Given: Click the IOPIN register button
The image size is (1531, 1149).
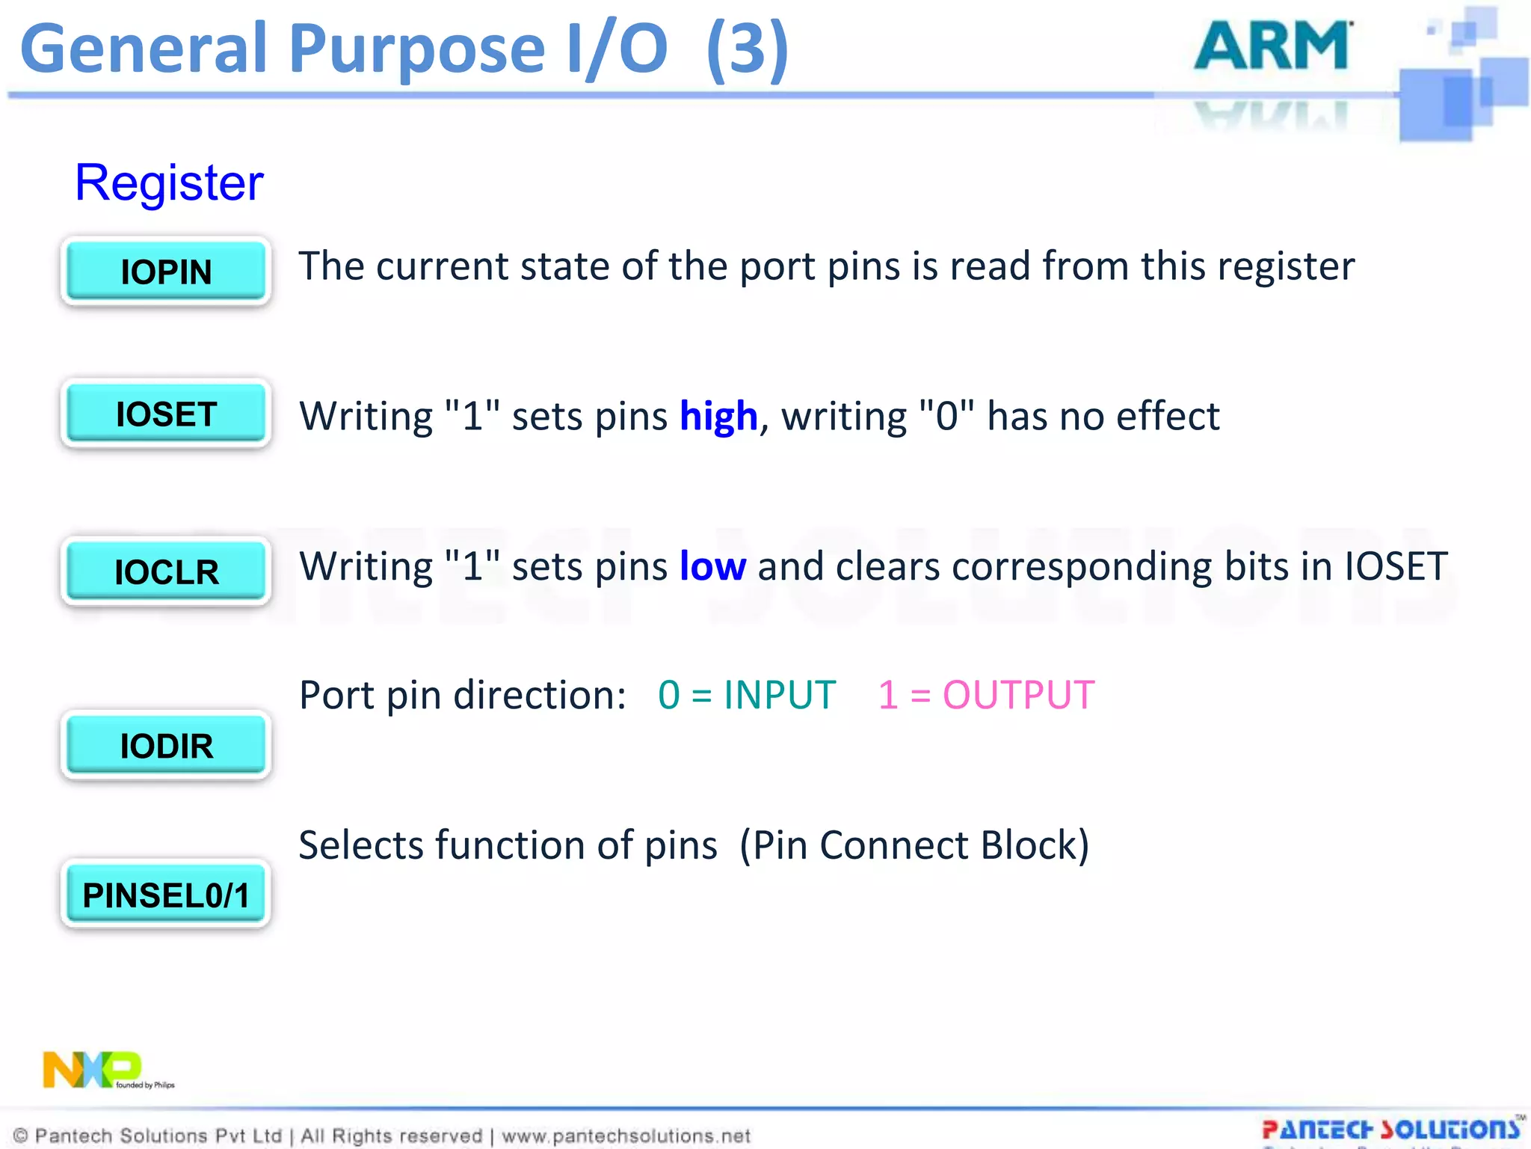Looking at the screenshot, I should pyautogui.click(x=166, y=271).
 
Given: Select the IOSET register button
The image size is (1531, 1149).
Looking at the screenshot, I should pyautogui.click(x=166, y=414).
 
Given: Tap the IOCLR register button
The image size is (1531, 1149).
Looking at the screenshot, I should pyautogui.click(x=166, y=572).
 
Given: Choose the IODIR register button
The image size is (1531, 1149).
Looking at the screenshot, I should pyautogui.click(x=166, y=746).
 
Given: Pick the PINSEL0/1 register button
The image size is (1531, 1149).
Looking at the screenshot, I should pyautogui.click(x=166, y=895).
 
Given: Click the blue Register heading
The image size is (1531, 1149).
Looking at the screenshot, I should pyautogui.click(x=169, y=183).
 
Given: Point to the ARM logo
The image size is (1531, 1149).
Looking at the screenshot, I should pyautogui.click(x=1272, y=46).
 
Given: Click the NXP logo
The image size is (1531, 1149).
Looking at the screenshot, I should pyautogui.click(x=93, y=1070).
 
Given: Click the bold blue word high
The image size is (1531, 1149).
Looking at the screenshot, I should pyautogui.click(x=718, y=416).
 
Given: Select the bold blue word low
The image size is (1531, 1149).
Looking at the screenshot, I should pyautogui.click(x=712, y=566).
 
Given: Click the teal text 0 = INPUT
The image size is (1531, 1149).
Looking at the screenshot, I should pyautogui.click(x=746, y=695).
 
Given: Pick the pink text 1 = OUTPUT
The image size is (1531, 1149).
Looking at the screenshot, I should pyautogui.click(x=985, y=695).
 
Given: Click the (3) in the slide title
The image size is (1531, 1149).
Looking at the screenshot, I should pyautogui.click(x=747, y=49).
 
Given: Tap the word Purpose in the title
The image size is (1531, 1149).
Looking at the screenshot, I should pyautogui.click(x=416, y=49).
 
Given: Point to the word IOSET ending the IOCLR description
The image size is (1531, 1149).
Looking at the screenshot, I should pyautogui.click(x=1396, y=566).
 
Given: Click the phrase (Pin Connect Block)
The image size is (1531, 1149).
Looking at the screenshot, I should pyautogui.click(x=914, y=845).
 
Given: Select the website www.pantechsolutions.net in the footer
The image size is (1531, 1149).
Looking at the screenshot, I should pyautogui.click(x=626, y=1136).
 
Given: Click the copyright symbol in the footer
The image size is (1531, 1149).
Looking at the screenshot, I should pyautogui.click(x=21, y=1136).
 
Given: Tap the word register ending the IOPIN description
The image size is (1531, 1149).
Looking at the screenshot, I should pyautogui.click(x=1286, y=266).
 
